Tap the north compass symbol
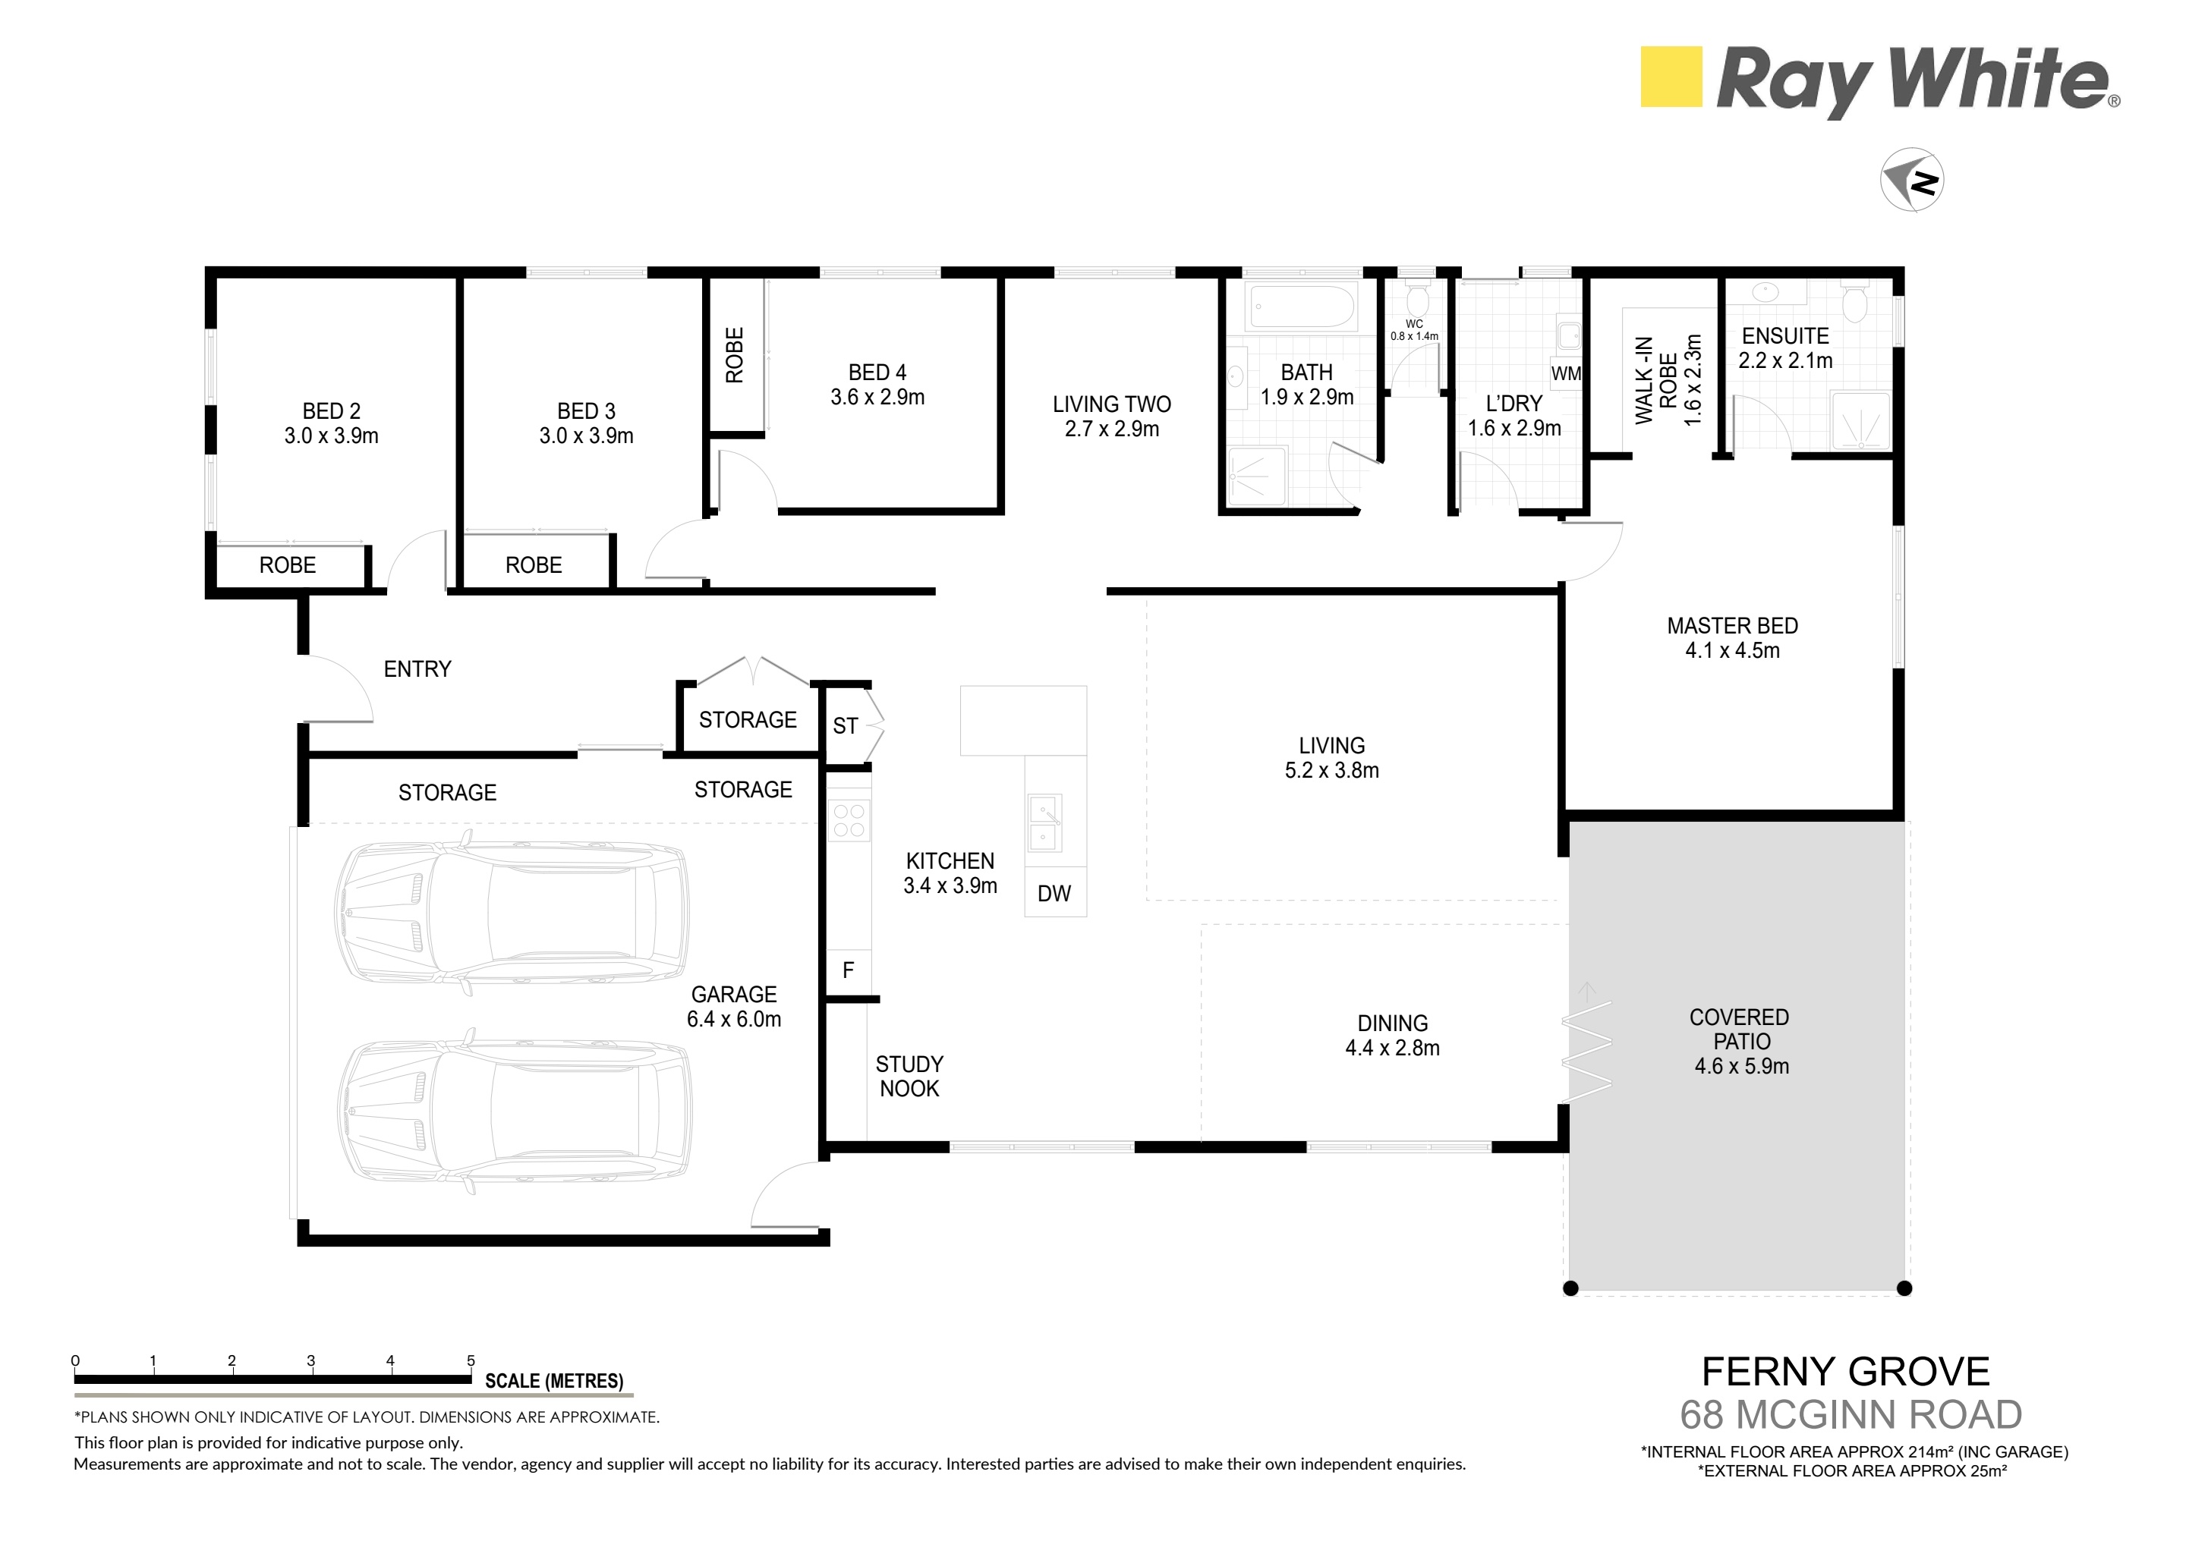1912,180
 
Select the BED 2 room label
332,411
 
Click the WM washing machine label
1566,374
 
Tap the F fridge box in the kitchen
849,971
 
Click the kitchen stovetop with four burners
849,820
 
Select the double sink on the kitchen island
1044,823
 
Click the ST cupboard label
846,726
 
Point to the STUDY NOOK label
909,1077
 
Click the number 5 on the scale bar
471,1361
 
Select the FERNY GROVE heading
1845,1372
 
